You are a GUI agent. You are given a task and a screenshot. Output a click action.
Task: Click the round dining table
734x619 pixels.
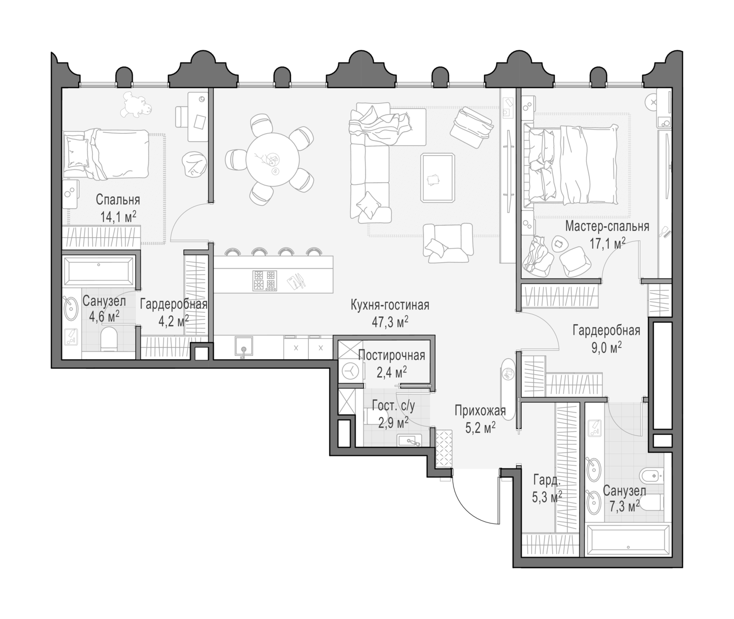[x=273, y=159]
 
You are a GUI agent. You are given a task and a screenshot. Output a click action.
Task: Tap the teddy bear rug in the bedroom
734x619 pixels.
[x=136, y=104]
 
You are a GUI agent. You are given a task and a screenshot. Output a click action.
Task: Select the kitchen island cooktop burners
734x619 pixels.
[x=264, y=280]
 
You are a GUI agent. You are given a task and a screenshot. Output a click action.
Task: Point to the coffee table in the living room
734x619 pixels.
[x=438, y=178]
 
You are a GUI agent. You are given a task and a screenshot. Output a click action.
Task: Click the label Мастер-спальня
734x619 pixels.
[x=607, y=227]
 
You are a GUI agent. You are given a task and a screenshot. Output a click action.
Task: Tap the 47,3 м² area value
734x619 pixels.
[x=390, y=322]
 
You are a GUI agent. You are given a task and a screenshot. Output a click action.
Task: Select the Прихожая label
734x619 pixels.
[x=480, y=410]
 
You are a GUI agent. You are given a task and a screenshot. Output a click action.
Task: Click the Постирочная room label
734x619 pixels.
[x=392, y=356]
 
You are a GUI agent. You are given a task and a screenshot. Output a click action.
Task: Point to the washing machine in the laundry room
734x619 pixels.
[x=350, y=370]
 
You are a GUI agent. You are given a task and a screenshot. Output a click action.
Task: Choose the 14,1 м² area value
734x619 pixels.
[x=118, y=217]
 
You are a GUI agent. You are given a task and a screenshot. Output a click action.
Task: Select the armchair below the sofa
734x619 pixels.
[x=448, y=243]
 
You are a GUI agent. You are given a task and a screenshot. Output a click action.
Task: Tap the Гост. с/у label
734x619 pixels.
[x=394, y=406]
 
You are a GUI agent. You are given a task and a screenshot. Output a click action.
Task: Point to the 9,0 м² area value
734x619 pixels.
[x=607, y=348]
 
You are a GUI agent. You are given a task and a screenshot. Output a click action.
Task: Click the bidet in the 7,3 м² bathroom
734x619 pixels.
[x=651, y=476]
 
